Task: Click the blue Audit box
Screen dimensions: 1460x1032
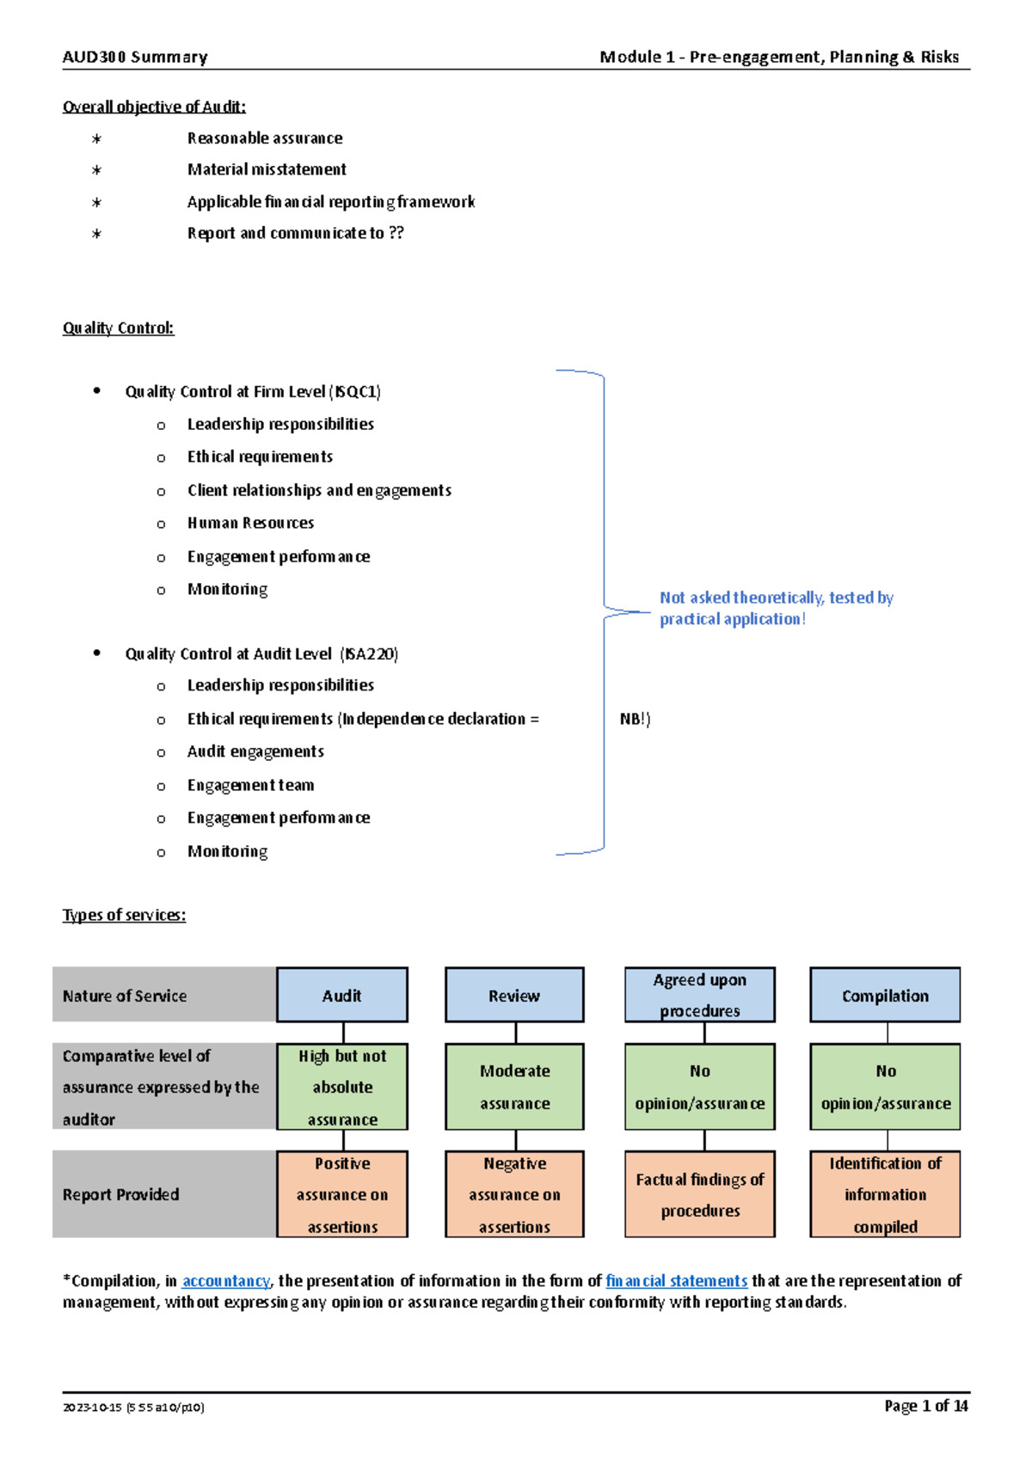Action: (342, 995)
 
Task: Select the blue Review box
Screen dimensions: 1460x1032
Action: (514, 995)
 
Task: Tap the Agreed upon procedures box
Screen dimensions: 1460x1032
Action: (699, 995)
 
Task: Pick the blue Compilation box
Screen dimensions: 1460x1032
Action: (885, 995)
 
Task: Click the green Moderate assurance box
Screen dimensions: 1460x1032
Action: (514, 1087)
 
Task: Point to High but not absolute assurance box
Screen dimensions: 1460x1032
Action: (342, 1087)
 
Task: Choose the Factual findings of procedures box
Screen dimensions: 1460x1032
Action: (699, 1194)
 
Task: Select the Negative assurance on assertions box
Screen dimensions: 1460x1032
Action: (514, 1194)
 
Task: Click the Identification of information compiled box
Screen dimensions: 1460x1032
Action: (885, 1194)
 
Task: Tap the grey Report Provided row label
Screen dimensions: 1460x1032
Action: (121, 1194)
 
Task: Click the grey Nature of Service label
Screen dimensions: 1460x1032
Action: (125, 996)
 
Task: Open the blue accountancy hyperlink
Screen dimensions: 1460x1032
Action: (226, 1281)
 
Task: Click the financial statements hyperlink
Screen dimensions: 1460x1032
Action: (676, 1281)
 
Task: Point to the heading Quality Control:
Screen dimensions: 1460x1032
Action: (118, 328)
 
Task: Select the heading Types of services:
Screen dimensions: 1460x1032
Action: (124, 915)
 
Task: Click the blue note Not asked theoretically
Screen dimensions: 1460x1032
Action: (776, 608)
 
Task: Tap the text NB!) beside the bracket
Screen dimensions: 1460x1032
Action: (635, 719)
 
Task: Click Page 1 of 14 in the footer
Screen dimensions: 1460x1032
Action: (925, 1406)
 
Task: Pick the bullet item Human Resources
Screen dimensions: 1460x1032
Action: (250, 523)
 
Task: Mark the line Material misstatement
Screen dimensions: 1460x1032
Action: (267, 169)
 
